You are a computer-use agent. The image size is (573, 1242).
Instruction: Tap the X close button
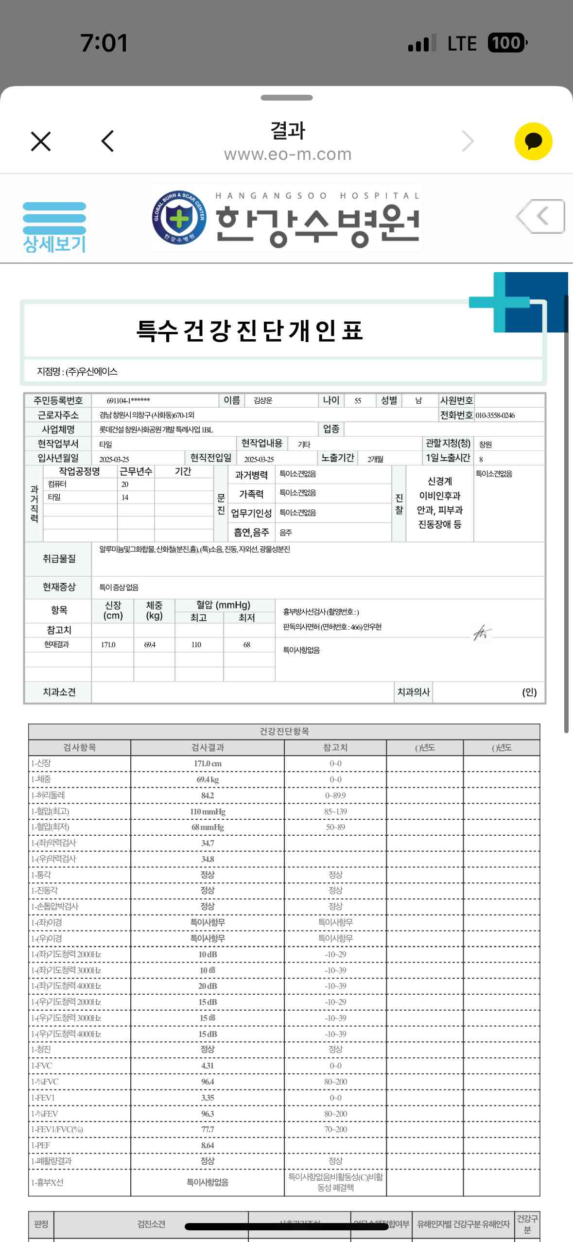pyautogui.click(x=41, y=141)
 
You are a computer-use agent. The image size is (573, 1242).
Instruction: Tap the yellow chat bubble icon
pyautogui.click(x=533, y=141)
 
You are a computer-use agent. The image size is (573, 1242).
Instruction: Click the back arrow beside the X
pyautogui.click(x=107, y=141)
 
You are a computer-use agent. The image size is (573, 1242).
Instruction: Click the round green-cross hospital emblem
pyautogui.click(x=179, y=217)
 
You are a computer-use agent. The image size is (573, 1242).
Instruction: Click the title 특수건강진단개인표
pyautogui.click(x=250, y=331)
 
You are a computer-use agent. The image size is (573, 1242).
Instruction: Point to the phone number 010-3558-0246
pyautogui.click(x=495, y=415)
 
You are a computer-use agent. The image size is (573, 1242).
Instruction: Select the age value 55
pyautogui.click(x=358, y=401)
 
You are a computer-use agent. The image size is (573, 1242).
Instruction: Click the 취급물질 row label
pyautogui.click(x=59, y=559)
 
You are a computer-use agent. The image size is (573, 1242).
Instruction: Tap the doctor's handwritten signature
pyautogui.click(x=482, y=632)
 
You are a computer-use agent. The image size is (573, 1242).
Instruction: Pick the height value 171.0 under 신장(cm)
pyautogui.click(x=108, y=645)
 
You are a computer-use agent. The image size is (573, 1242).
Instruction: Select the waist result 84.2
pyautogui.click(x=208, y=795)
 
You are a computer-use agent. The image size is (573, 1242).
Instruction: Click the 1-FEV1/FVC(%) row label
pyautogui.click(x=57, y=1129)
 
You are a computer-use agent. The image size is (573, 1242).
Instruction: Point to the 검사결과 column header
pyautogui.click(x=208, y=747)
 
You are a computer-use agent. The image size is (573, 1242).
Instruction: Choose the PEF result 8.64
pyautogui.click(x=208, y=1145)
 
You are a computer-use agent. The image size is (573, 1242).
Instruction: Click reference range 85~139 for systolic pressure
pyautogui.click(x=335, y=811)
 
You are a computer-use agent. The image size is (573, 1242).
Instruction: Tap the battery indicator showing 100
pyautogui.click(x=506, y=43)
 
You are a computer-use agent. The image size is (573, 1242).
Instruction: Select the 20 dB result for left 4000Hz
pyautogui.click(x=208, y=986)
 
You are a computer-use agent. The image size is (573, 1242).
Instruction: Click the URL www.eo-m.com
pyautogui.click(x=288, y=155)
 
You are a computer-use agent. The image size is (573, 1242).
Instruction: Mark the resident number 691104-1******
pyautogui.click(x=128, y=401)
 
